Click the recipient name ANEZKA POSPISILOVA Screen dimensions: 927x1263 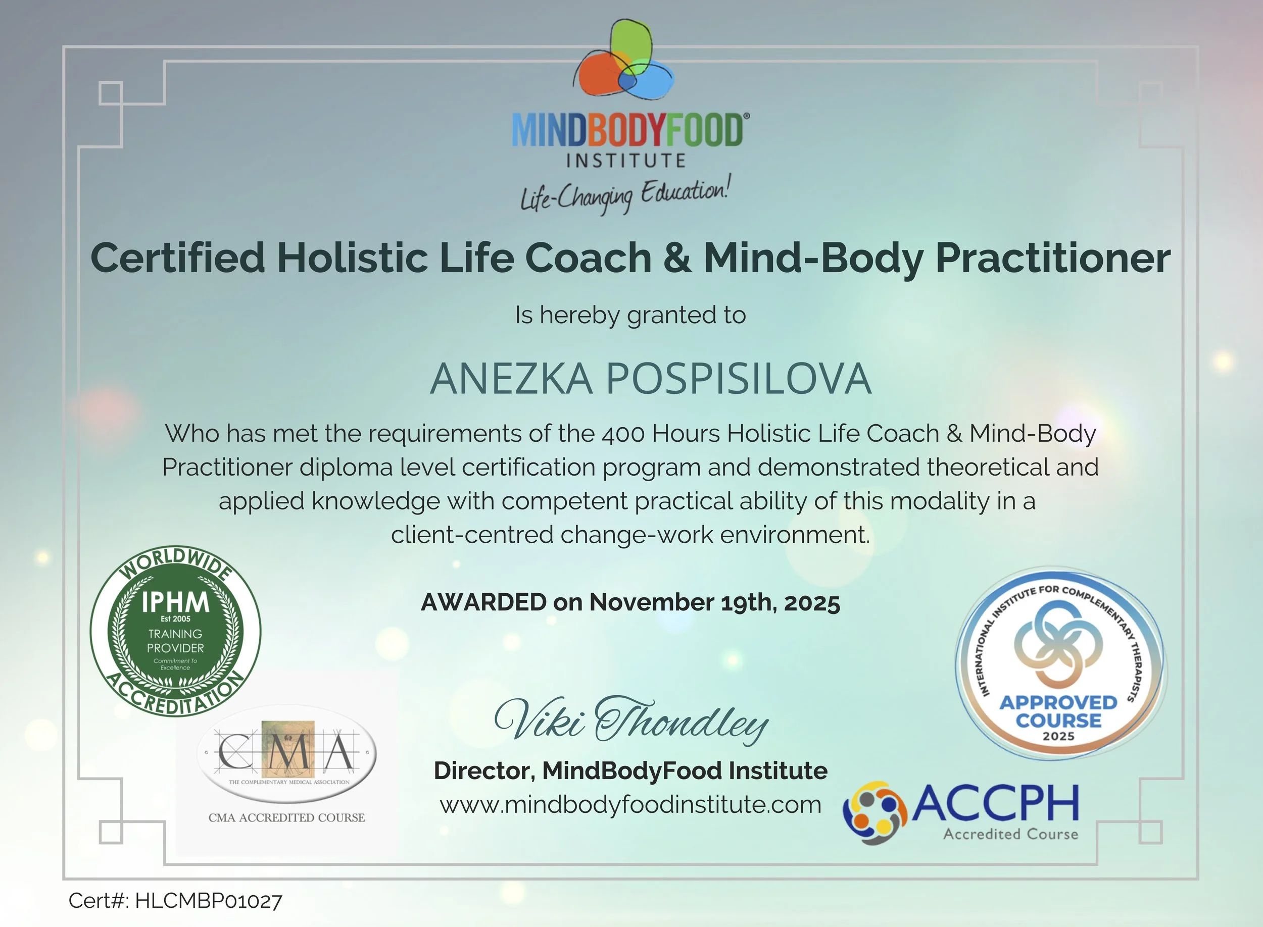click(x=650, y=379)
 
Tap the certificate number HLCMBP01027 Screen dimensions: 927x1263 click(x=208, y=901)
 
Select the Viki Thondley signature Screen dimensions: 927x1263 click(x=631, y=720)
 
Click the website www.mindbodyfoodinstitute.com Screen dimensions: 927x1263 click(x=630, y=805)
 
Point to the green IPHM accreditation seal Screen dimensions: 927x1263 click(x=175, y=631)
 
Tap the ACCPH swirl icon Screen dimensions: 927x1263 click(x=875, y=812)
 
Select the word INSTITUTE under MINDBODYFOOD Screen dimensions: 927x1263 click(x=626, y=161)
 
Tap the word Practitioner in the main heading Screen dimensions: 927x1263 click(x=1053, y=257)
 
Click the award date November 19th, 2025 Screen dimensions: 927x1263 click(x=714, y=603)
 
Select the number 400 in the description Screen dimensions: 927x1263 click(x=623, y=434)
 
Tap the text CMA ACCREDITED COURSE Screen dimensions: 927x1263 click(x=286, y=817)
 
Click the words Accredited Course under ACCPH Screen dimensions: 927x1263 click(x=1010, y=835)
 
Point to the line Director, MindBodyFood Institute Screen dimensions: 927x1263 click(x=630, y=771)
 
